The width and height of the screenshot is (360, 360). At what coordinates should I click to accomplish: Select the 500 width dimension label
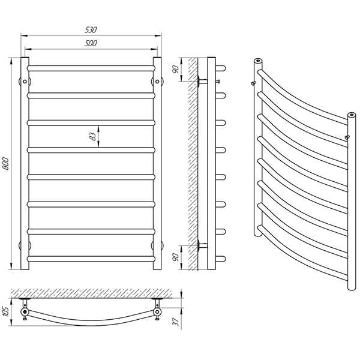91,43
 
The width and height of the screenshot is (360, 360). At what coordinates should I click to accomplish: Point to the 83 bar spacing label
92,136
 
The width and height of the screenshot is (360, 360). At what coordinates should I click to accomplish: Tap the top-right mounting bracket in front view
158,80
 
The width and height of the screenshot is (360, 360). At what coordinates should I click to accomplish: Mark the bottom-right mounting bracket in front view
158,244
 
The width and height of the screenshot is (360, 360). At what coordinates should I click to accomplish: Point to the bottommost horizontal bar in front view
91,259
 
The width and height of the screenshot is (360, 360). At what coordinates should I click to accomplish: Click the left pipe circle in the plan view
24,313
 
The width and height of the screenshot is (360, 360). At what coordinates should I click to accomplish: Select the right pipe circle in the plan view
157,313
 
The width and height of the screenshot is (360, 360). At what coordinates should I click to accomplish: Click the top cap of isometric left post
257,61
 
